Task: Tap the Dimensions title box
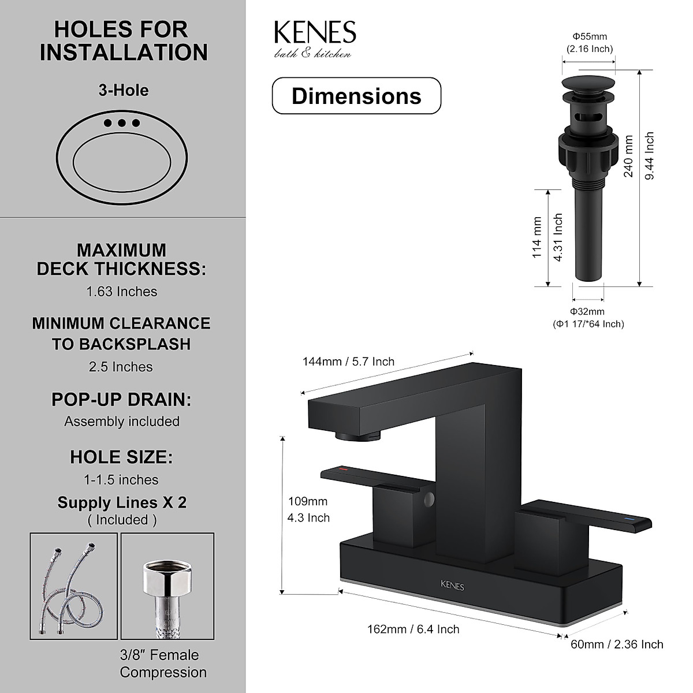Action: point(356,96)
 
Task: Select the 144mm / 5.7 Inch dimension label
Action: point(348,362)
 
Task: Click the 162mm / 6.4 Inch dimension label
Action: point(413,629)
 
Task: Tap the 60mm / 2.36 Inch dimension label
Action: point(617,644)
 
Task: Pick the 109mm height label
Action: point(308,501)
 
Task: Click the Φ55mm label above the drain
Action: point(590,37)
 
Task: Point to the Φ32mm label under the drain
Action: point(588,312)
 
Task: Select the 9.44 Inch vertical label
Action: point(649,156)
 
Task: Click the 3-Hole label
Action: point(123,91)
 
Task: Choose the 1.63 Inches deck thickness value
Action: point(122,292)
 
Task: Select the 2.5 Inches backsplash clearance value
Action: point(121,367)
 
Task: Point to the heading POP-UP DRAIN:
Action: point(121,400)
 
